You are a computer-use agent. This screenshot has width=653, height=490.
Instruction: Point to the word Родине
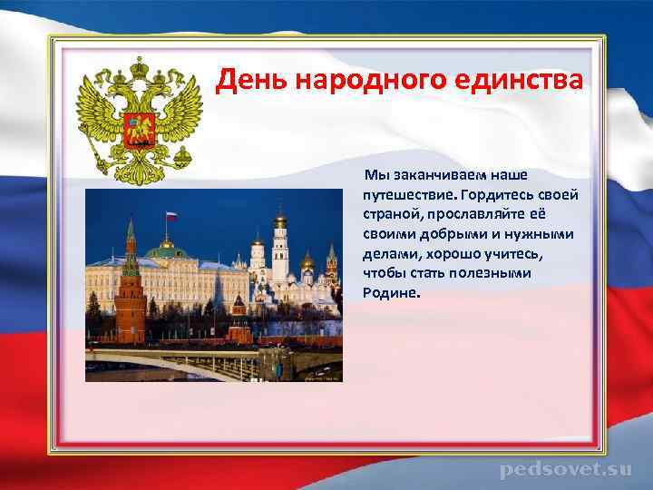(392, 293)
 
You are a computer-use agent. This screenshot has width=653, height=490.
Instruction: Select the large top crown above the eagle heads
(140, 67)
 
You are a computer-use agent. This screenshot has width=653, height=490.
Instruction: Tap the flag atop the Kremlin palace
(169, 216)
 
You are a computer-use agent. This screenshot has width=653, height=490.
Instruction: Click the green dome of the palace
(166, 246)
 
